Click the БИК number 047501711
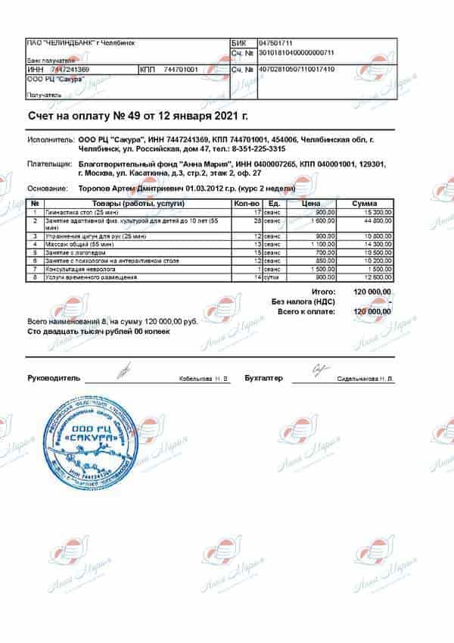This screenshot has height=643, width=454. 275,43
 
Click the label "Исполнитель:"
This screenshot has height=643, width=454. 51,141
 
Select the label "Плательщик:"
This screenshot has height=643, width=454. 51,164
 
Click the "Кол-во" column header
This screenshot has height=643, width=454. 247,204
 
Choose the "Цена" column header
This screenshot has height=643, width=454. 311,204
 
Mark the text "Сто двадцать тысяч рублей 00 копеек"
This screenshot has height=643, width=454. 98,332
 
